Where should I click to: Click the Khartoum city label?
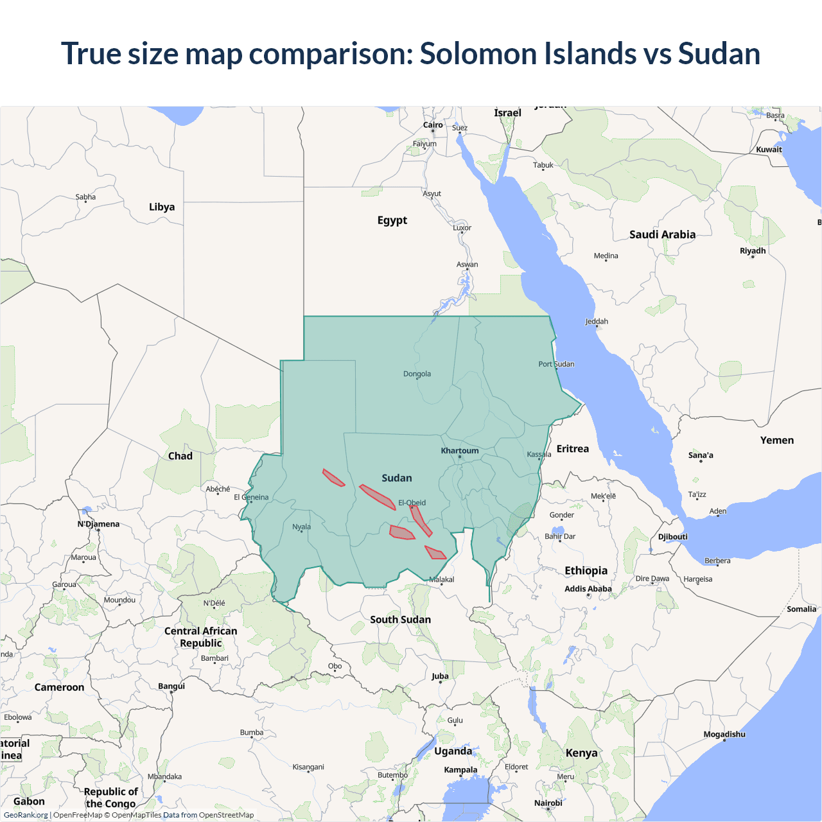pyautogui.click(x=460, y=451)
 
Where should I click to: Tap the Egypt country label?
pyautogui.click(x=392, y=220)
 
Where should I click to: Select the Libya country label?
pyautogui.click(x=162, y=207)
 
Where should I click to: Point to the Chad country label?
pyautogui.click(x=180, y=456)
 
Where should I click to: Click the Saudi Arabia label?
pyautogui.click(x=662, y=234)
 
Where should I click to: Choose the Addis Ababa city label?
pyautogui.click(x=588, y=589)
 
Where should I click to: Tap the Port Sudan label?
pyautogui.click(x=556, y=364)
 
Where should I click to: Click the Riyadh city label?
pyautogui.click(x=753, y=251)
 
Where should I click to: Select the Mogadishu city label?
pyautogui.click(x=724, y=734)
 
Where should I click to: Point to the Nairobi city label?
pyautogui.click(x=548, y=803)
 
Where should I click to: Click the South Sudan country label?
pyautogui.click(x=400, y=620)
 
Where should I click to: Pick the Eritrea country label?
pyautogui.click(x=573, y=449)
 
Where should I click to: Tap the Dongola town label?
pyautogui.click(x=417, y=374)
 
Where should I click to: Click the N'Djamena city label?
pyautogui.click(x=99, y=524)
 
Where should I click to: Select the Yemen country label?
pyautogui.click(x=777, y=441)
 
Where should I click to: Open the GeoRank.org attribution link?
pyautogui.click(x=26, y=815)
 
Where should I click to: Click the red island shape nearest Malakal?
pyautogui.click(x=435, y=553)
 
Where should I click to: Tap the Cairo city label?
pyautogui.click(x=433, y=125)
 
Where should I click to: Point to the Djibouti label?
pyautogui.click(x=673, y=537)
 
